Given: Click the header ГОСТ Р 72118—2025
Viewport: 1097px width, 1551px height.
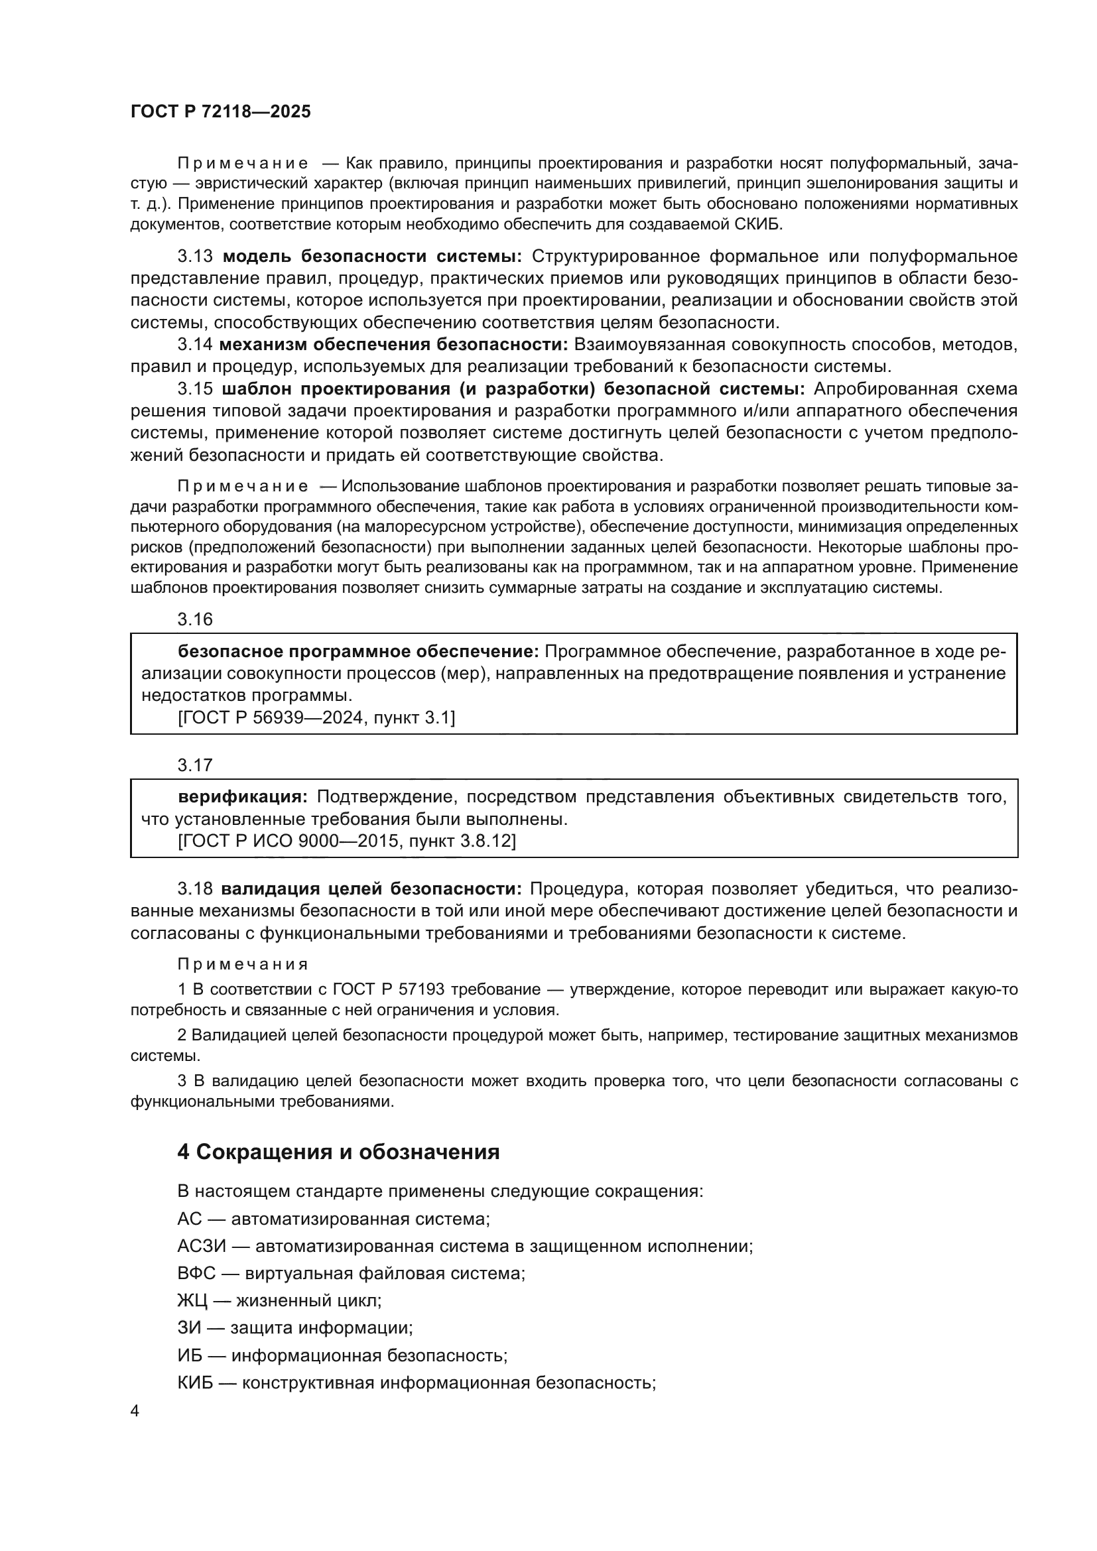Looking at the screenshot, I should point(220,112).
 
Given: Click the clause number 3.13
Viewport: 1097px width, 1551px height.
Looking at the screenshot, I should point(194,256).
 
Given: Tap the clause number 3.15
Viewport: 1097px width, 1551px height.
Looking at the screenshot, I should point(194,389).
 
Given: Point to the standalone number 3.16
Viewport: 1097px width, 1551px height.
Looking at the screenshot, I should point(194,619).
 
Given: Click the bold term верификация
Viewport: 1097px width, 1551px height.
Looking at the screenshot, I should point(243,797).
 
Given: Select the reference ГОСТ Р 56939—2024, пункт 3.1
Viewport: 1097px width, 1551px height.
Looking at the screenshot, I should point(316,717).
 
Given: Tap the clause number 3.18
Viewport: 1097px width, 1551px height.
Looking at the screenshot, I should point(194,889).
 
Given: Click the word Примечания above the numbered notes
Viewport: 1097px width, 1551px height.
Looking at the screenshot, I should point(243,964).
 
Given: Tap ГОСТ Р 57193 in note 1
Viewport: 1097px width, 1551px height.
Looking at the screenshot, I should point(389,989).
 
